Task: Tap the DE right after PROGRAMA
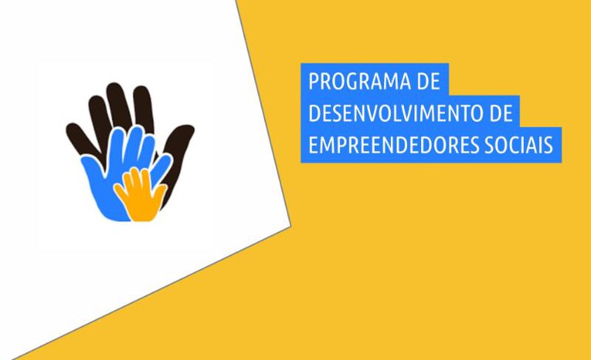click(x=428, y=82)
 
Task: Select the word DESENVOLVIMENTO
click(x=396, y=114)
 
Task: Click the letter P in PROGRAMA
click(x=313, y=82)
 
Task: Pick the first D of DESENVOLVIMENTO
click(x=313, y=114)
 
